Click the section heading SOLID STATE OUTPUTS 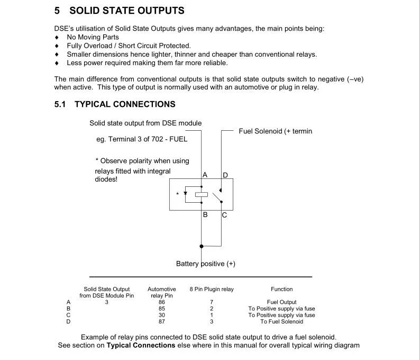pos(126,11)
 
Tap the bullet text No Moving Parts pos(93,37)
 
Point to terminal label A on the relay pos(205,175)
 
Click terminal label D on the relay pos(225,175)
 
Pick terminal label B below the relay pos(205,215)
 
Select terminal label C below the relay pos(224,215)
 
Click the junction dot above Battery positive pos(201,246)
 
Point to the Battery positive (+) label pos(206,264)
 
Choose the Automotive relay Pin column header pos(161,292)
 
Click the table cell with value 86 pos(162,302)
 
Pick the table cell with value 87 pos(162,321)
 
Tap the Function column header pos(281,289)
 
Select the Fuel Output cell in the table pos(281,302)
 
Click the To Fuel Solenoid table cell pos(281,321)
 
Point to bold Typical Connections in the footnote pos(141,345)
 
